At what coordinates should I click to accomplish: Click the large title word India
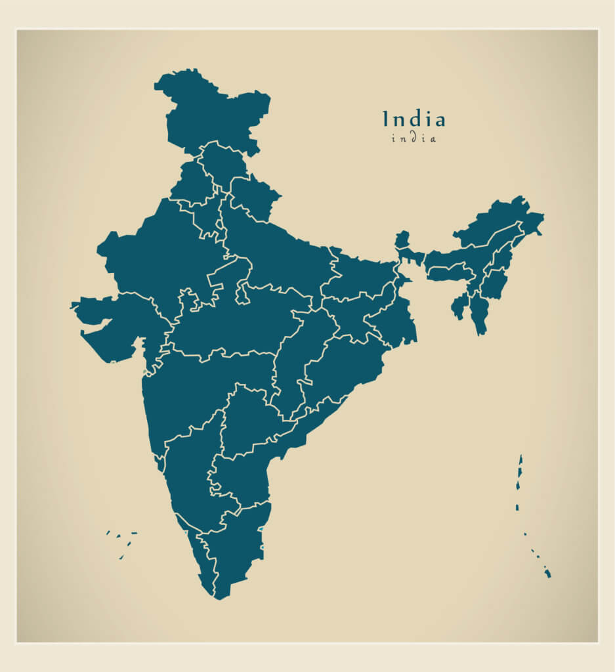click(414, 119)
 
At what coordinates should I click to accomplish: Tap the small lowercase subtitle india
click(414, 138)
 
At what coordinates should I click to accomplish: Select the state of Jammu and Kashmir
click(210, 112)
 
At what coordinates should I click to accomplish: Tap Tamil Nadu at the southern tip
click(236, 545)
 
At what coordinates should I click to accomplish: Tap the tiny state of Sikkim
click(402, 239)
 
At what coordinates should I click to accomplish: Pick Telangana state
click(249, 420)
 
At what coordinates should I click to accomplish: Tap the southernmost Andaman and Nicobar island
click(547, 574)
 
